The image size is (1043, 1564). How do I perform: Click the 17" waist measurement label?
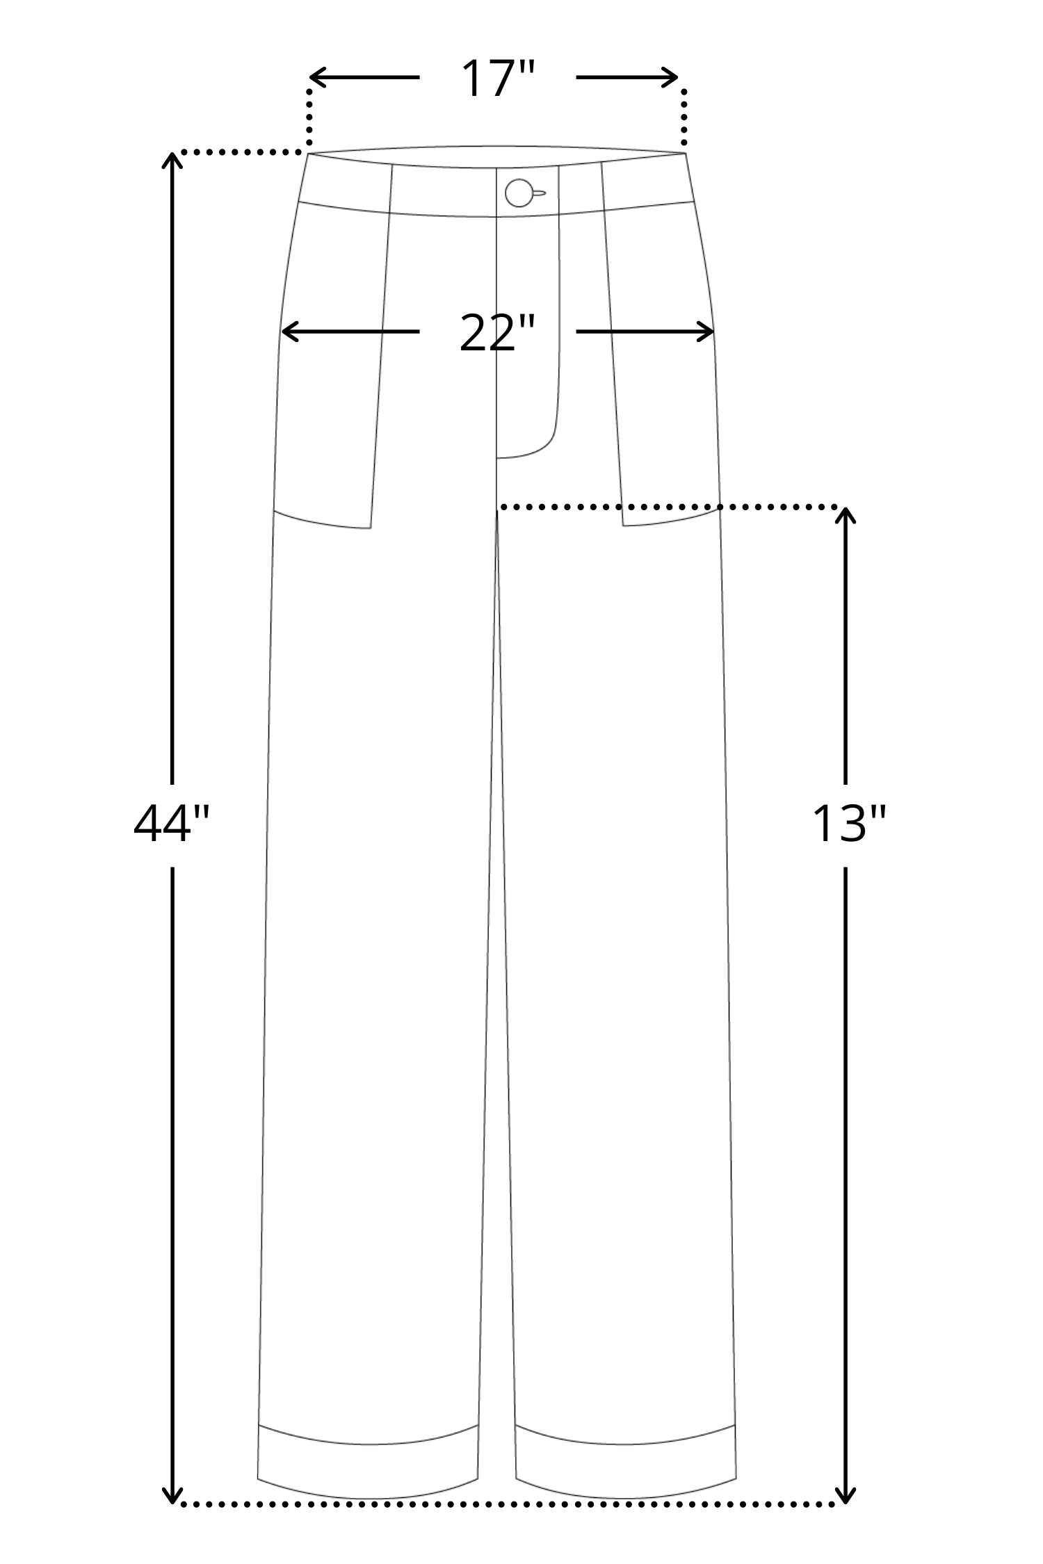[x=498, y=79]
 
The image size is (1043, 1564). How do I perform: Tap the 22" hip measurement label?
[x=497, y=333]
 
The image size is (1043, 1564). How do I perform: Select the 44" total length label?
[x=171, y=825]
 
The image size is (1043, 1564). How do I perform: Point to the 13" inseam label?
[x=849, y=825]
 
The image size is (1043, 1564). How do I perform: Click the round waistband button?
[x=519, y=193]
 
